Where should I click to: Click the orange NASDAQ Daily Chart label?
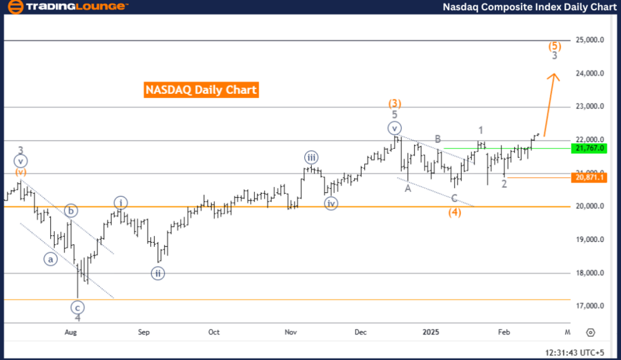tap(201, 90)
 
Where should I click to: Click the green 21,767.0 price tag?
tap(589, 148)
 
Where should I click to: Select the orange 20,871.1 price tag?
tap(589, 177)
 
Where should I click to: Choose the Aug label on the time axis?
tap(70, 332)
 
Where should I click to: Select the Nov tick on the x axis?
tap(291, 332)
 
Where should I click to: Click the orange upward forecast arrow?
tap(551, 103)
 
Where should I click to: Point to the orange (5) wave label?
tap(555, 46)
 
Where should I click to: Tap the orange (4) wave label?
tap(454, 212)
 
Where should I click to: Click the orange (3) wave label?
tap(394, 103)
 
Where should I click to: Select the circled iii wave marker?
tap(310, 157)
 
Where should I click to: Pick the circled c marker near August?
tap(77, 306)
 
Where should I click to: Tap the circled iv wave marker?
tap(331, 203)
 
